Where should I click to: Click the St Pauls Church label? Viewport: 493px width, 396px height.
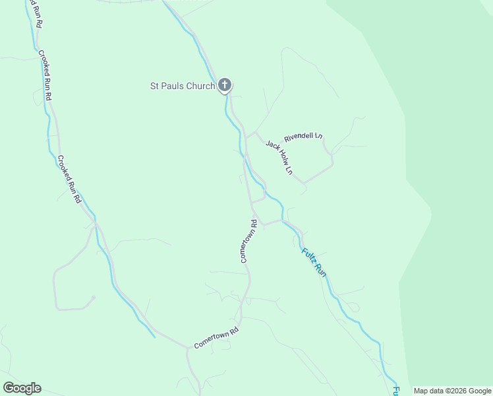pos(183,86)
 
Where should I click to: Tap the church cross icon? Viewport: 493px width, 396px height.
pos(225,84)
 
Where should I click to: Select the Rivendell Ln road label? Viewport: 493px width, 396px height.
pos(303,137)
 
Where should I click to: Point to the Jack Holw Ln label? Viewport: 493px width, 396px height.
pos(279,156)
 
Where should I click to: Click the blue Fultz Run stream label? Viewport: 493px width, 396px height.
pos(314,261)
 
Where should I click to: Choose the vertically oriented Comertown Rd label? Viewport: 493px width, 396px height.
pos(248,242)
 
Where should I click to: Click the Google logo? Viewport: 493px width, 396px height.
pos(22,388)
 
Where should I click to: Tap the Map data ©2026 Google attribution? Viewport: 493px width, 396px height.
pos(452,391)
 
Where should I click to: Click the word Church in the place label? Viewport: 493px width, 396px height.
pos(200,86)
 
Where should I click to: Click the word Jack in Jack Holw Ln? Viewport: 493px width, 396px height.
pos(271,146)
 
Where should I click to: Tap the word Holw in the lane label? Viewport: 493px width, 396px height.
pos(281,158)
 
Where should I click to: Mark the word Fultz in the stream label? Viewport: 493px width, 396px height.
pos(308,255)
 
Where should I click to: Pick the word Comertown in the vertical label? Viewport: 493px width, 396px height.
pos(246,246)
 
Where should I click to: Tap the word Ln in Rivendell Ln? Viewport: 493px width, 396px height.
pos(318,135)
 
